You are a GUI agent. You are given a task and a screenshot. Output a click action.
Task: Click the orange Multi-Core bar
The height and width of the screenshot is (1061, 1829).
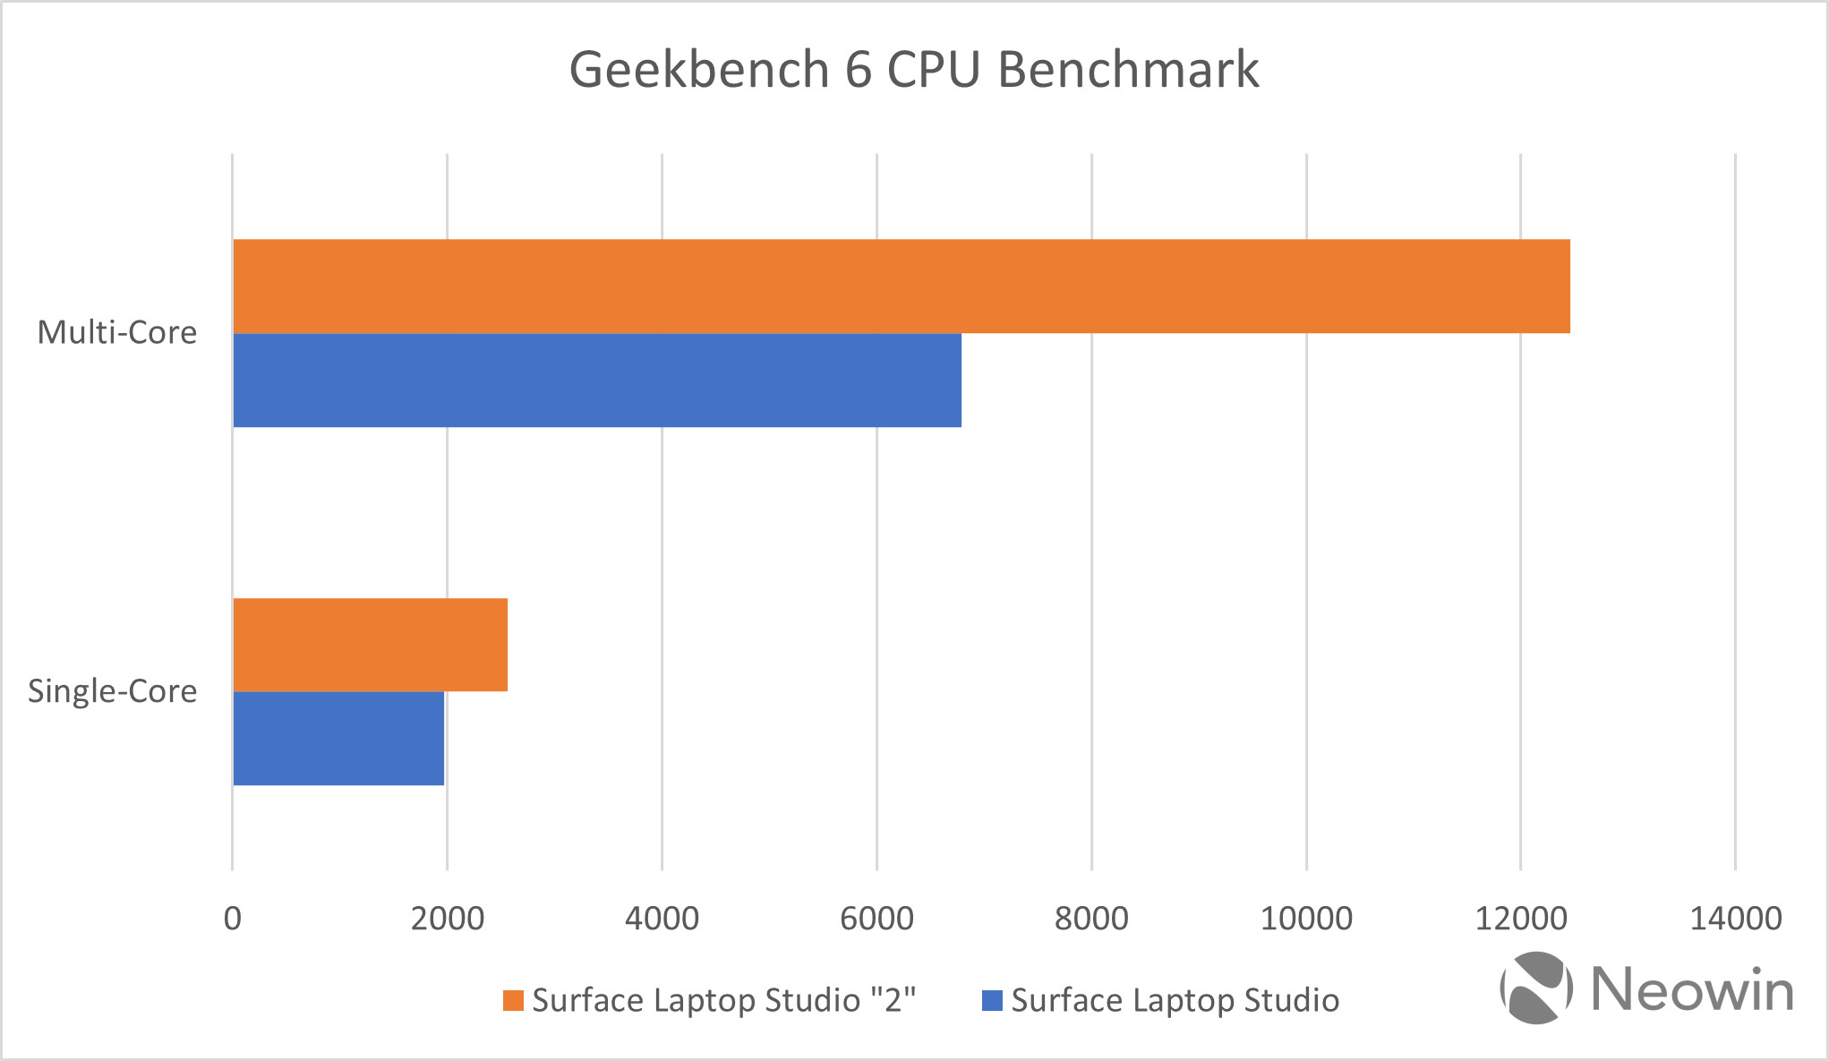click(x=901, y=287)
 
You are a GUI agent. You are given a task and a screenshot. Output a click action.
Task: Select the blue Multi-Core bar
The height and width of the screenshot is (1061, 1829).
click(x=597, y=381)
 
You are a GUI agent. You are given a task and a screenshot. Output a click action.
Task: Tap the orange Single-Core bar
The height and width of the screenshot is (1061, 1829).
click(x=370, y=645)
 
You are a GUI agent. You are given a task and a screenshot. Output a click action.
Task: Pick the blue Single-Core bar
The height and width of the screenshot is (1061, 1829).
click(x=338, y=739)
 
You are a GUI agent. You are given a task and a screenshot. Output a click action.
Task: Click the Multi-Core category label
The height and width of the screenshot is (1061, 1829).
click(x=117, y=332)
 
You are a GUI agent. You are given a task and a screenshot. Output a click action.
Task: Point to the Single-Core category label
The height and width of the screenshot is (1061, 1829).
click(x=113, y=691)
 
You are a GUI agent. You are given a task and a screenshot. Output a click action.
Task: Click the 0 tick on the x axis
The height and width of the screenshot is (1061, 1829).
click(x=233, y=919)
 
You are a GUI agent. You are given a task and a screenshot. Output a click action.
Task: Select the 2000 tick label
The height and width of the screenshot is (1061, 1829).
click(x=447, y=919)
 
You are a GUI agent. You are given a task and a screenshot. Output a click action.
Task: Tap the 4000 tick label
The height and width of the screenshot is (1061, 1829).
click(x=662, y=919)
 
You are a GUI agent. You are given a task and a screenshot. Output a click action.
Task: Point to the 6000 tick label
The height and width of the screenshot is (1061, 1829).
click(x=876, y=919)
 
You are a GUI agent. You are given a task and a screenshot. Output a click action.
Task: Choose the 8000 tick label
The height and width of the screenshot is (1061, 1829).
click(x=1091, y=919)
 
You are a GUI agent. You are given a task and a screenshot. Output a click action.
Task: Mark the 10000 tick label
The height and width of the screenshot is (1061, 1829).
click(x=1306, y=919)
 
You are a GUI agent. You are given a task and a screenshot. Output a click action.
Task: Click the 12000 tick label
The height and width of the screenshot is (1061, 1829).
click(x=1520, y=919)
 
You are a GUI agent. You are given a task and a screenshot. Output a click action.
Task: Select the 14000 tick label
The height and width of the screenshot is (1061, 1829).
click(x=1735, y=919)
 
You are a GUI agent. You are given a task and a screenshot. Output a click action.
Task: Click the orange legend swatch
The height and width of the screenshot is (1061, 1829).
click(x=513, y=1000)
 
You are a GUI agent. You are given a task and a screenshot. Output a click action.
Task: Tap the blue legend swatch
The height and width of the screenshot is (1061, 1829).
click(x=992, y=1000)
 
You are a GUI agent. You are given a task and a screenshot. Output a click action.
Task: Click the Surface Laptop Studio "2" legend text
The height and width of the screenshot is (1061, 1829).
click(x=723, y=1000)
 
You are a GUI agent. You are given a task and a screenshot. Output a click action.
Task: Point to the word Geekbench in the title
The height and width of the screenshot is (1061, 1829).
click(x=699, y=70)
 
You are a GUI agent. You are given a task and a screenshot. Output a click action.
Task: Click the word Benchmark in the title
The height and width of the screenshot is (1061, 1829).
click(x=1128, y=70)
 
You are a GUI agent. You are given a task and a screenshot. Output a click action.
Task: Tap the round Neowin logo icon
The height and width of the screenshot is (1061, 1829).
click(x=1536, y=988)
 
